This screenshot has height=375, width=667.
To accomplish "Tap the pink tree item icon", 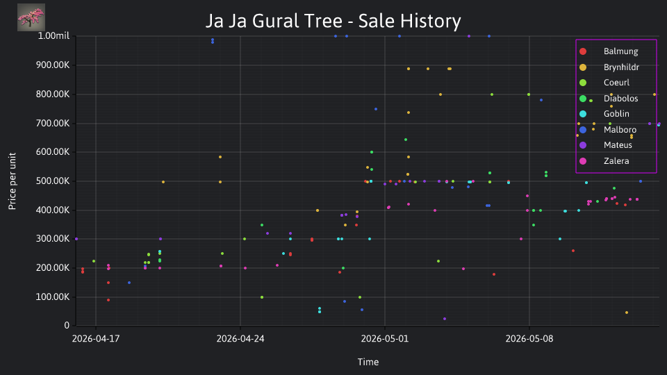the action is point(31,17).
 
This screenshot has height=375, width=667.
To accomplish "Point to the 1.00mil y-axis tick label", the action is point(53,35).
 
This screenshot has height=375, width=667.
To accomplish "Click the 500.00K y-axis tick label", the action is point(53,181).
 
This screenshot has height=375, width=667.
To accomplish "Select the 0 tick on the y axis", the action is point(67,326).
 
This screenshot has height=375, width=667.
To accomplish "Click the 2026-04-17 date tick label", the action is point(96,339).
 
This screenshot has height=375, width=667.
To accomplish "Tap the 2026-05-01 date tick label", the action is point(384,339).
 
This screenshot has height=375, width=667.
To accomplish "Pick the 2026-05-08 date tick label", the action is point(529,339).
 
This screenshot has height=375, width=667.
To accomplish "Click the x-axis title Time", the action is point(368,362).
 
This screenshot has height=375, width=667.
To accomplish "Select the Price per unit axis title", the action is point(13,181).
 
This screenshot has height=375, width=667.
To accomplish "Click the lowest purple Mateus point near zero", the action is point(445,319).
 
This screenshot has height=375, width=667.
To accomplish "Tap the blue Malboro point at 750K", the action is point(376,109).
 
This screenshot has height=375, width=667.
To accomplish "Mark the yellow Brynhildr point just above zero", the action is point(627,312).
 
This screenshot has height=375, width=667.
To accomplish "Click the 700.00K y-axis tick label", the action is point(53,124).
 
